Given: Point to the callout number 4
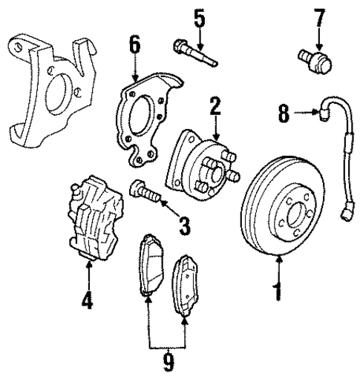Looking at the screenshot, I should pyautogui.click(x=88, y=302).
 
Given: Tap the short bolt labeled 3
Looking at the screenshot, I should pyautogui.click(x=143, y=193).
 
